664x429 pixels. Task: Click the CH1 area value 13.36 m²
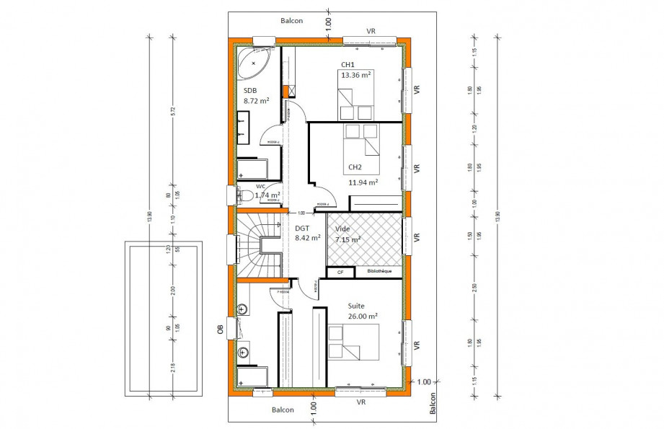pyautogui.click(x=356, y=75)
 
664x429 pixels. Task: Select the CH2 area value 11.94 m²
pyautogui.click(x=363, y=182)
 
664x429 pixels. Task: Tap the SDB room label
pyautogui.click(x=250, y=90)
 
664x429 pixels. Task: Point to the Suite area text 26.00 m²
pyautogui.click(x=363, y=316)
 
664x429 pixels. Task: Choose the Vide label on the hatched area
pyautogui.click(x=342, y=228)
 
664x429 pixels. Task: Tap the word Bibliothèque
pyautogui.click(x=379, y=272)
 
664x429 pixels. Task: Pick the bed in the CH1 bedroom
pyautogui.click(x=355, y=103)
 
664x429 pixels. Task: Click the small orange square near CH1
pyautogui.click(x=291, y=91)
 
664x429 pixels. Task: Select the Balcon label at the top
pyautogui.click(x=291, y=21)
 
